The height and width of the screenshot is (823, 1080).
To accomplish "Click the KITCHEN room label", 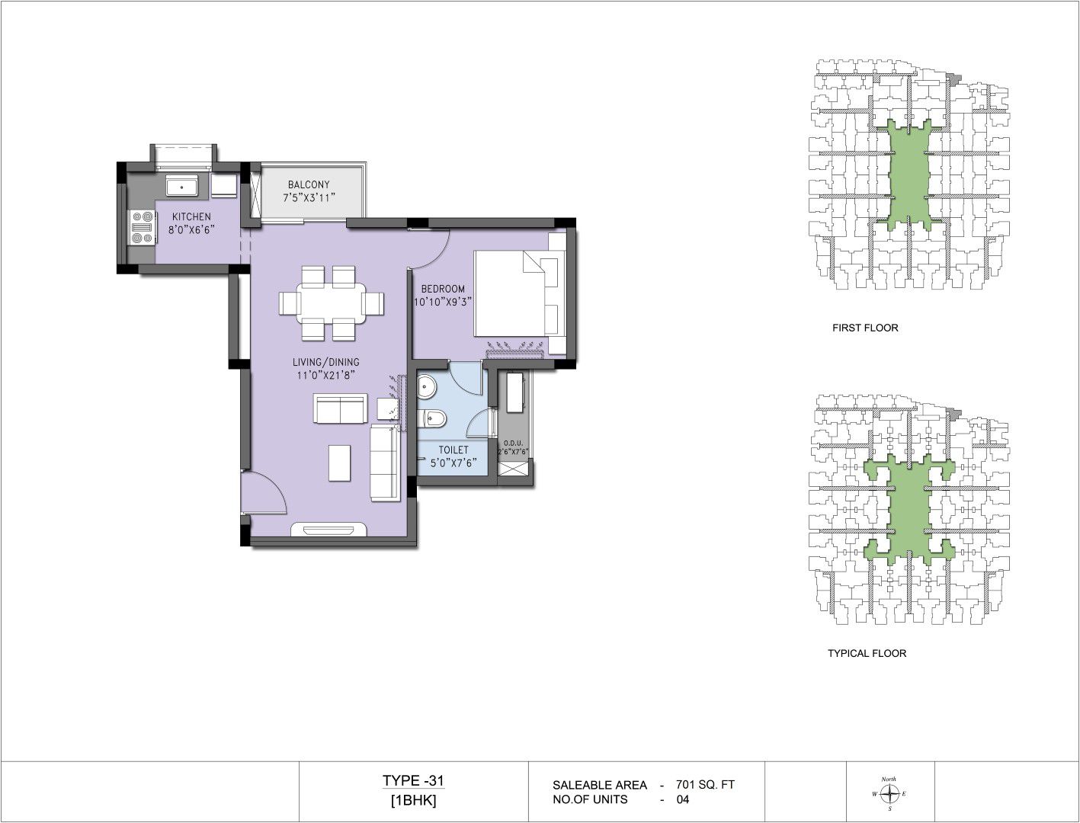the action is pos(191,216).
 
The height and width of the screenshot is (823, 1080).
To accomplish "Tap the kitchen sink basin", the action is pos(181,187).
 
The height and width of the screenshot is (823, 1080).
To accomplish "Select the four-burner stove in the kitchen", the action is pos(142,228).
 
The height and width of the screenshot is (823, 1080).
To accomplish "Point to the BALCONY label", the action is pos(309,184).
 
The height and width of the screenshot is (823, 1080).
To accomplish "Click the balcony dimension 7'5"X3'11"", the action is pos(309,198).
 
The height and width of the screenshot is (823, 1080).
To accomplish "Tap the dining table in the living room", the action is pos(331,303).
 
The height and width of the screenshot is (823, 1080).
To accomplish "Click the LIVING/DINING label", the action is pos(325,362).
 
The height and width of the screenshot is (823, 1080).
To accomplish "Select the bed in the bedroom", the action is pos(520,293).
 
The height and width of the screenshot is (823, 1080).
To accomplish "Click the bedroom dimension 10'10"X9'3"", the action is pos(442,302).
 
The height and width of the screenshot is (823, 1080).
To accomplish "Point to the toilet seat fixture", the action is pos(434,418).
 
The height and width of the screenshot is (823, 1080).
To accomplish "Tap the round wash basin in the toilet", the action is pos(426,388).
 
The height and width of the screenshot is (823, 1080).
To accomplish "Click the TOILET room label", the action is pos(453,450).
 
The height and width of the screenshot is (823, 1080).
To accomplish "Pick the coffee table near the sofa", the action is pos(339,463).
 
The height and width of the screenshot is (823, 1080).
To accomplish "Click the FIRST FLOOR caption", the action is pos(865,328).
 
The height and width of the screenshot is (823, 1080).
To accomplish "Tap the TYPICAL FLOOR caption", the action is pos(867,653).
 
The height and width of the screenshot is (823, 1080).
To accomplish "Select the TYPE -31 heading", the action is pos(413,780).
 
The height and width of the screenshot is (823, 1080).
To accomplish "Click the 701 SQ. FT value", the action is pos(705,785).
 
